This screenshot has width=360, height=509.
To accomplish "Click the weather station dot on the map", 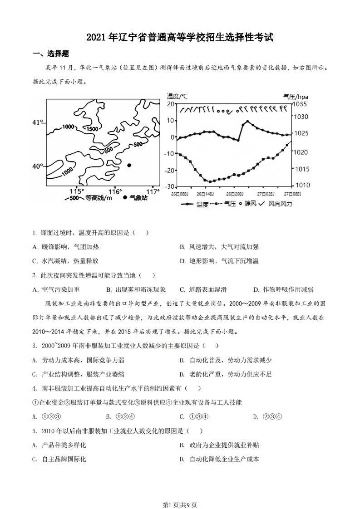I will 129,165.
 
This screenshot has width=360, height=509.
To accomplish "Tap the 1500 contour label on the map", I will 92,129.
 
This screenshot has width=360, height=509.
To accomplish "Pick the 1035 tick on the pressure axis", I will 301,104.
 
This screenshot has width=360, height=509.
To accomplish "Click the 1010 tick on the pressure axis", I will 301,185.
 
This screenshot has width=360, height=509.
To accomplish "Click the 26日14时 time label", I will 205,194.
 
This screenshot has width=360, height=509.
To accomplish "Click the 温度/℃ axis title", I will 177,96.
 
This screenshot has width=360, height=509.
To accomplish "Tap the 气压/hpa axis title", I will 296,96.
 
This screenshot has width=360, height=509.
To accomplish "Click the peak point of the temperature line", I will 247,122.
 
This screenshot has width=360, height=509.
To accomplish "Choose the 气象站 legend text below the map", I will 139,198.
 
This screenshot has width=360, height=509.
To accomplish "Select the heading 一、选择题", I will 51,54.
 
